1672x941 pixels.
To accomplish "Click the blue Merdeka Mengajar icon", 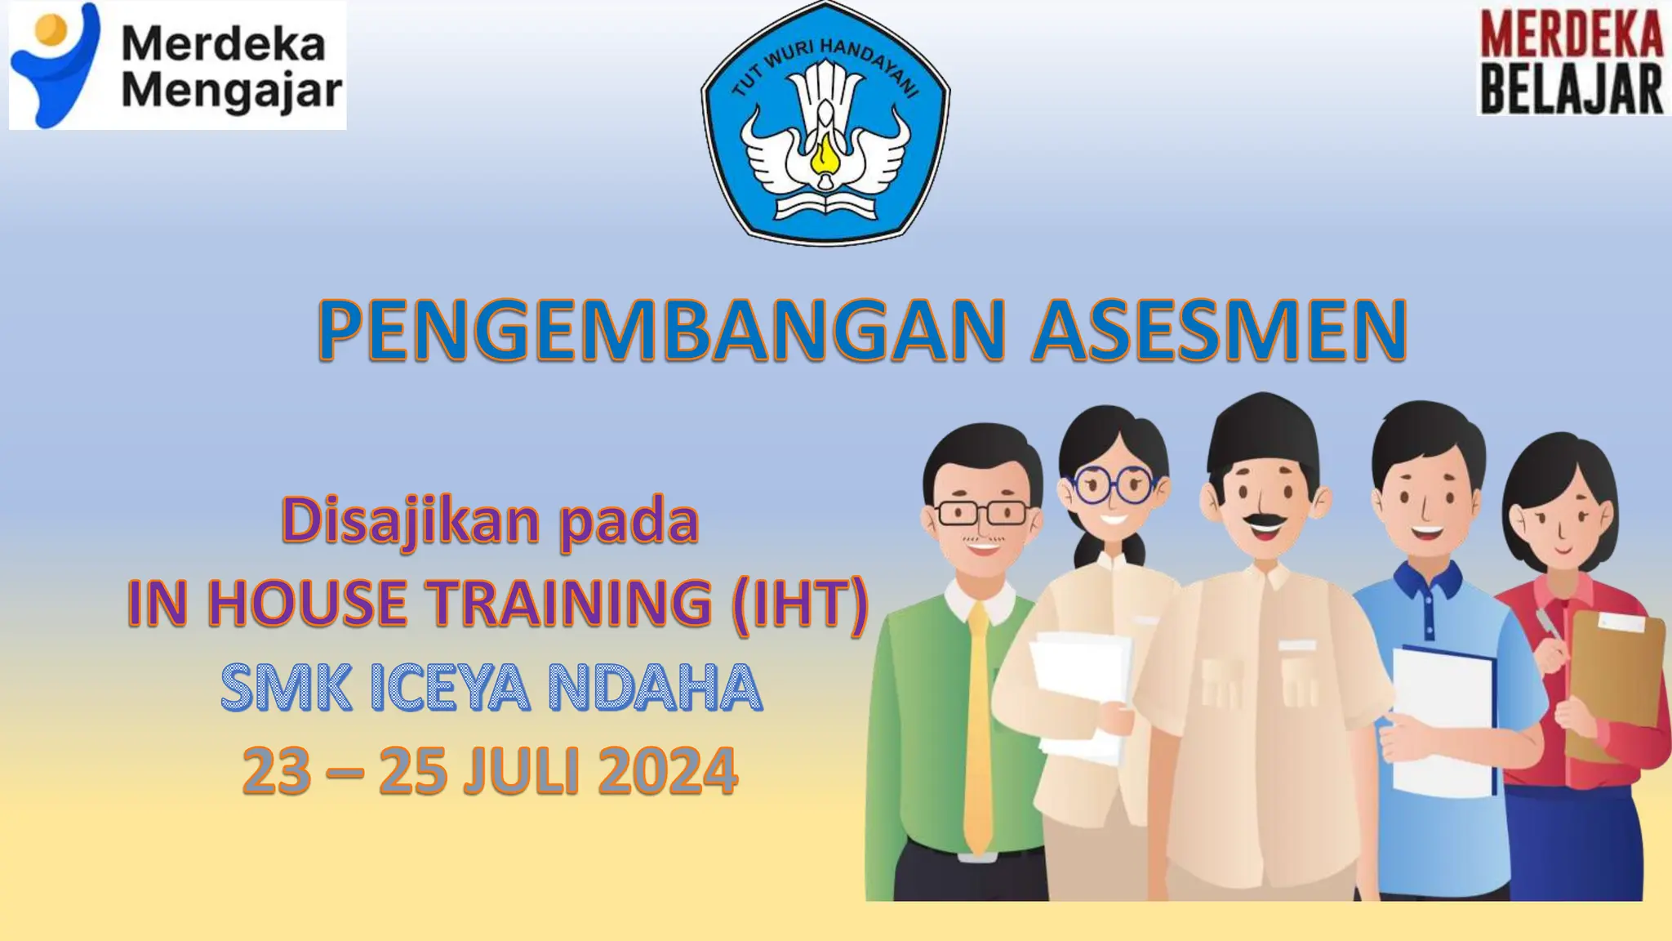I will point(56,65).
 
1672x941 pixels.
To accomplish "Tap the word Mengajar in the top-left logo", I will point(232,91).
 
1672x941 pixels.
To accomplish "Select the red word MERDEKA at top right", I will point(1572,34).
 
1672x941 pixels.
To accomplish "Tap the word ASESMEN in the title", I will point(1219,330).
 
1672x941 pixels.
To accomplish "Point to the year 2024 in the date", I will point(668,771).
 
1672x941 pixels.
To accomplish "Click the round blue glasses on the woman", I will point(1112,484).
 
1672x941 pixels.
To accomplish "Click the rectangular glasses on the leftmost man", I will point(982,513).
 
